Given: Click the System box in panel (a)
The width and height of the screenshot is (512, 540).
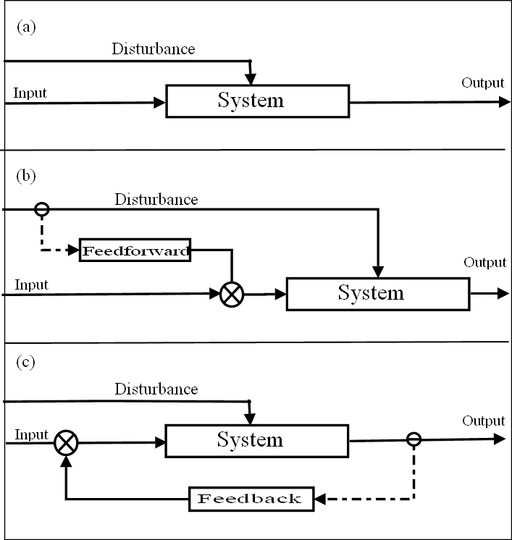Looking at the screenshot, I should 257,101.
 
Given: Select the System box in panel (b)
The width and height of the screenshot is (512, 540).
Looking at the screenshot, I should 378,293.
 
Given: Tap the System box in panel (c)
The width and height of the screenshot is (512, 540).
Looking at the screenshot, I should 257,440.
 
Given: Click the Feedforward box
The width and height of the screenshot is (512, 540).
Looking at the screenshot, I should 135,251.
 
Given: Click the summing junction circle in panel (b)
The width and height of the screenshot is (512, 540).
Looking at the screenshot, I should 232,293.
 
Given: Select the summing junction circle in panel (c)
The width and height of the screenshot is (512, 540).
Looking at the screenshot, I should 66,441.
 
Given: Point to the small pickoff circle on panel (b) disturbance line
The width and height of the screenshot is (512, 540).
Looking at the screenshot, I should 42,209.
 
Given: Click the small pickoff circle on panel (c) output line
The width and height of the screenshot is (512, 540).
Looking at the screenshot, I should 414,439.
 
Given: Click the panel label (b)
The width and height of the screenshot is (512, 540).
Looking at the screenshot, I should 26,175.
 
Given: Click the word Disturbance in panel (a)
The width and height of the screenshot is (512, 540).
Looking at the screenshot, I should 153,49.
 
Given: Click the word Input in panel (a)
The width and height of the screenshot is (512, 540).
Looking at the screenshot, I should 30,93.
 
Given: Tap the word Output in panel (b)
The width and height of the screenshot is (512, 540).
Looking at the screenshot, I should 484,262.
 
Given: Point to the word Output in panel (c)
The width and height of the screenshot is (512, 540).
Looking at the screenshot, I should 483,421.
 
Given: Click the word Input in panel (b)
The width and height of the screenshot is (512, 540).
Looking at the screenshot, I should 31,284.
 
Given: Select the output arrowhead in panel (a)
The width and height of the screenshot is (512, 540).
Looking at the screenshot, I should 504,102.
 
